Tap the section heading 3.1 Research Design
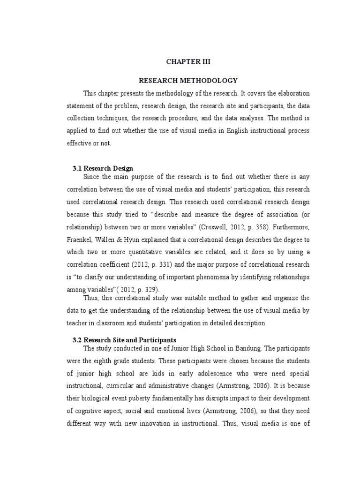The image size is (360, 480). click(103, 168)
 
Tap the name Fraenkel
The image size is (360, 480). click(81, 240)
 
